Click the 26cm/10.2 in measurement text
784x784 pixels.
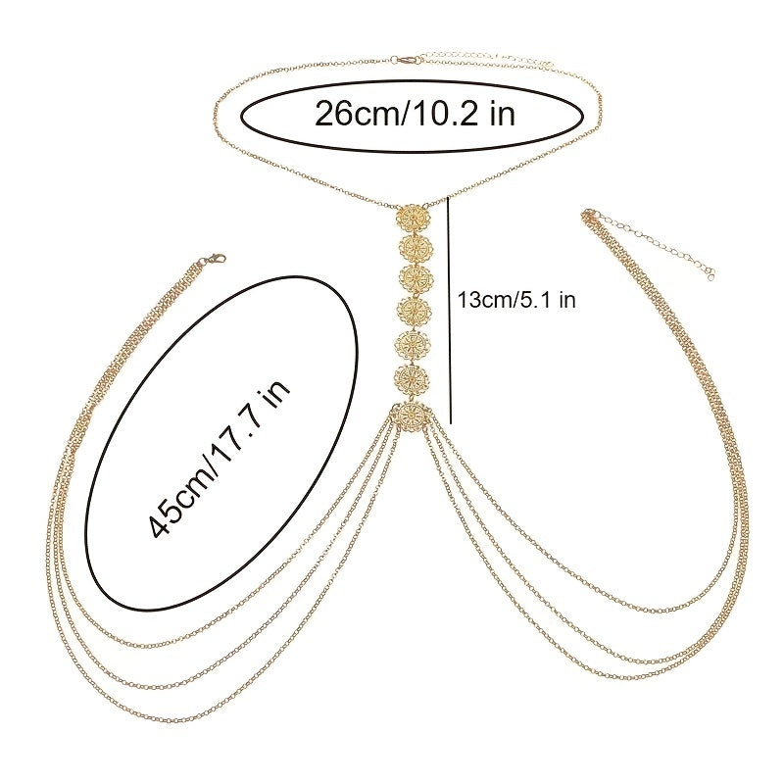(415, 114)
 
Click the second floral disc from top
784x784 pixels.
(415, 247)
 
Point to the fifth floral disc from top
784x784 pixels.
(415, 345)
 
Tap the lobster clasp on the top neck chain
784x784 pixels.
(403, 62)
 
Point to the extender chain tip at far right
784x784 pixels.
(710, 273)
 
